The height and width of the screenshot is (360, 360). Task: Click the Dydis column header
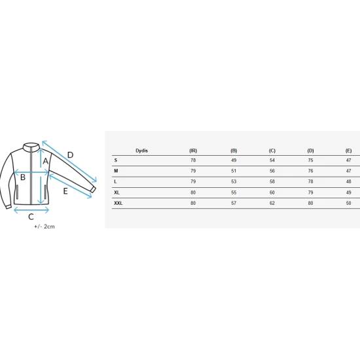click(141, 151)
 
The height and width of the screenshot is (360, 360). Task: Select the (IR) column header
click(193, 151)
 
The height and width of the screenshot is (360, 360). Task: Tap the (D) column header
click(310, 151)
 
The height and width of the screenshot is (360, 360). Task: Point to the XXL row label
click(118, 203)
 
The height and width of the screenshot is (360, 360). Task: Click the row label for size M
click(116, 171)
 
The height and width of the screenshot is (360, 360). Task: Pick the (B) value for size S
click(234, 160)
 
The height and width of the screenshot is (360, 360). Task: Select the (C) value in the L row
click(272, 181)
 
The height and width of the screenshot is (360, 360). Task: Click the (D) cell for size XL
click(310, 192)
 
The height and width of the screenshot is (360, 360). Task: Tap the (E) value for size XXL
click(348, 203)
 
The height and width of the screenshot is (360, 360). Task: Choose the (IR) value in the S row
click(193, 160)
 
